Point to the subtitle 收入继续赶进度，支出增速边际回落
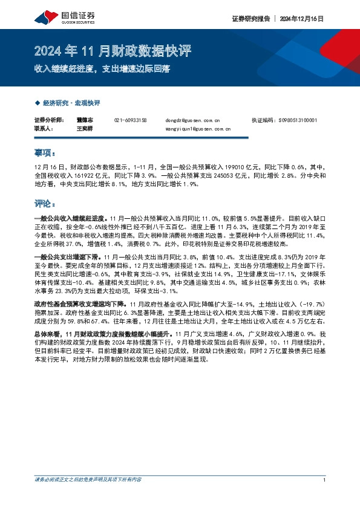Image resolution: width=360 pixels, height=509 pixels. point(102,68)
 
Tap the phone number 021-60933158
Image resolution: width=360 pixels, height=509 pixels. point(130,120)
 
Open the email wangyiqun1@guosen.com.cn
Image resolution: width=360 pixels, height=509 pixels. point(197,129)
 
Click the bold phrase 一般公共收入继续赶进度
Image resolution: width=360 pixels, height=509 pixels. point(68,216)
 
